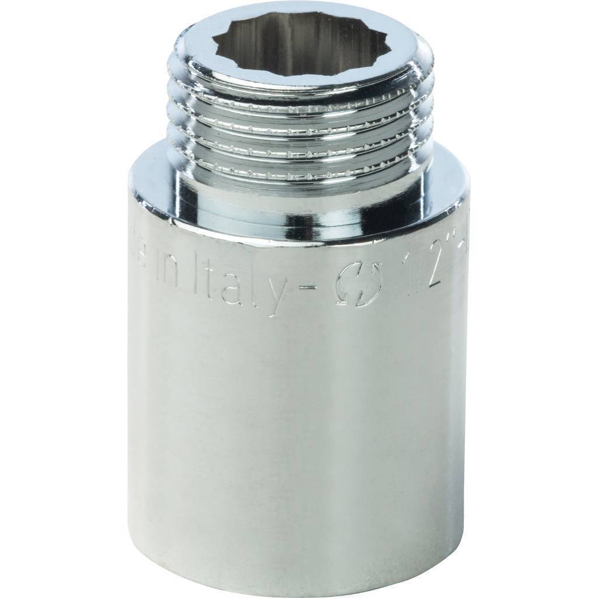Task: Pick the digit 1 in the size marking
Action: click(403, 270)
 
